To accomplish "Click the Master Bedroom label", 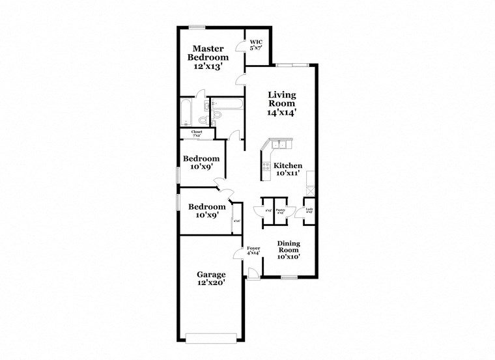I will [208, 57].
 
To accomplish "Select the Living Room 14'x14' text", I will [281, 104].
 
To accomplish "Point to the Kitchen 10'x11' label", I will [287, 169].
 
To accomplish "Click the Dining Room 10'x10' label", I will [288, 250].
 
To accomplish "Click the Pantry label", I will [281, 212].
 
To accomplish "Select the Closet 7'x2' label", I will [196, 133].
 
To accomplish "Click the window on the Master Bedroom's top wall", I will [197, 27].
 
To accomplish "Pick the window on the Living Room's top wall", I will [290, 64].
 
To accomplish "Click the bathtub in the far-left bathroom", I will [185, 113].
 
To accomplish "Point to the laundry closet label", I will [309, 211].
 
